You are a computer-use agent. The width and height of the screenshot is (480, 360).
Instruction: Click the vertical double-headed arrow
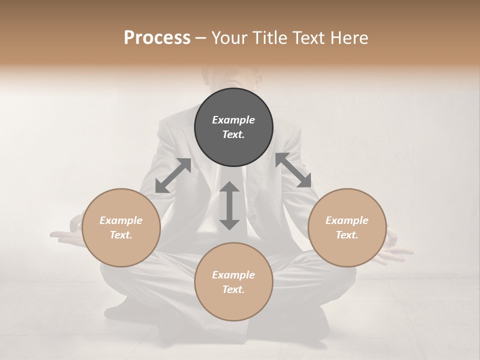pyautogui.click(x=229, y=205)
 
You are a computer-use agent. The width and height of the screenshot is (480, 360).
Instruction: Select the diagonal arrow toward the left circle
pyautogui.click(x=173, y=175)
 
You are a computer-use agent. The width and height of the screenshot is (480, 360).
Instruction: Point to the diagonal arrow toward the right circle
pyautogui.click(x=293, y=170)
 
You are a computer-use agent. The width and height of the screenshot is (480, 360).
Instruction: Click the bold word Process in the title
pyautogui.click(x=157, y=37)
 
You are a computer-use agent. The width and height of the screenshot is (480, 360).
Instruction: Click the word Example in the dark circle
pyautogui.click(x=233, y=120)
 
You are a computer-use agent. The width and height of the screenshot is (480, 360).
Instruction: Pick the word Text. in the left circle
pyautogui.click(x=121, y=235)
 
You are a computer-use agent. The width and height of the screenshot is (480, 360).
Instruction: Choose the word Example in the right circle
pyautogui.click(x=347, y=220)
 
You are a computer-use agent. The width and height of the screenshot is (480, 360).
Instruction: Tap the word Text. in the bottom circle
pyautogui.click(x=233, y=289)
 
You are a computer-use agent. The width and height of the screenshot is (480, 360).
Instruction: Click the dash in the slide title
pyautogui.click(x=201, y=38)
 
